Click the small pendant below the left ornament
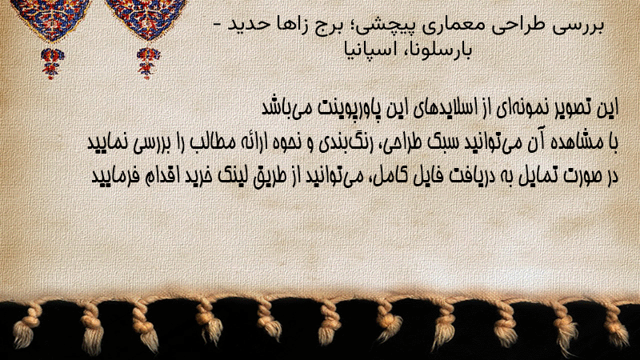[52, 63]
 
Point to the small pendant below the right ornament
[148, 62]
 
